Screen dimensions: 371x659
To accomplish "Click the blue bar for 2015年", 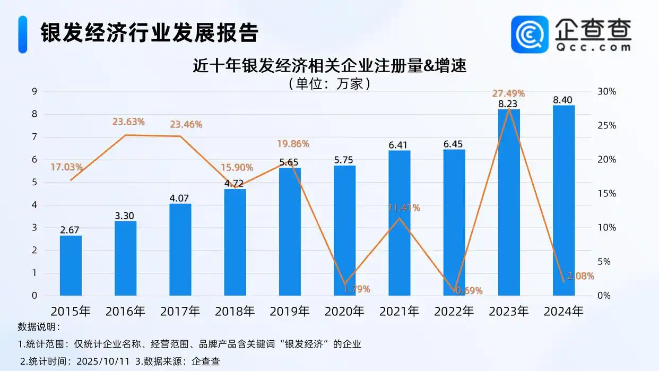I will pos(71,265).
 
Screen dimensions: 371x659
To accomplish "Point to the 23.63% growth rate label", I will pos(128,122).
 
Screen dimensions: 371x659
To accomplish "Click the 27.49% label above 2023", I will pos(508,93).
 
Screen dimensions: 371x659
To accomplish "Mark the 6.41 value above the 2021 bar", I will pos(400,144).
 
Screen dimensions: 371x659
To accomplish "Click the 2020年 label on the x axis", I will pos(344,311).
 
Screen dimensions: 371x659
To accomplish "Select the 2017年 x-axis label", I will pos(180,311).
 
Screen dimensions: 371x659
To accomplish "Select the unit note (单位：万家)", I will pos(329,83).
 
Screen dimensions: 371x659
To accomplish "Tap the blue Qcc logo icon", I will pos(530,34).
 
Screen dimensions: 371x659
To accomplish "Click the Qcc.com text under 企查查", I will pos(594,47).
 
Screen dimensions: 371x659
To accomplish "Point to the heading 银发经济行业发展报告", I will pos(150,33).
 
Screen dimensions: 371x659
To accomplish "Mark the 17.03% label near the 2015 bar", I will pos(67,167).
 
